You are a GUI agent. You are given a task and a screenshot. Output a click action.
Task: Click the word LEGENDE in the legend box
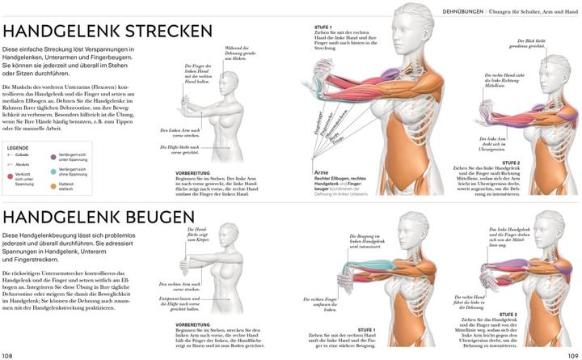[x=18, y=148]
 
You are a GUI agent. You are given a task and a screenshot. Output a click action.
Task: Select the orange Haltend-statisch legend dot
[x=54, y=187]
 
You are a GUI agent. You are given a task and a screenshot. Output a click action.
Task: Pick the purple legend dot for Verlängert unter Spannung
[x=54, y=158]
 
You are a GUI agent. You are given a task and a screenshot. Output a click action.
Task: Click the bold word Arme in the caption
[x=322, y=172]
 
